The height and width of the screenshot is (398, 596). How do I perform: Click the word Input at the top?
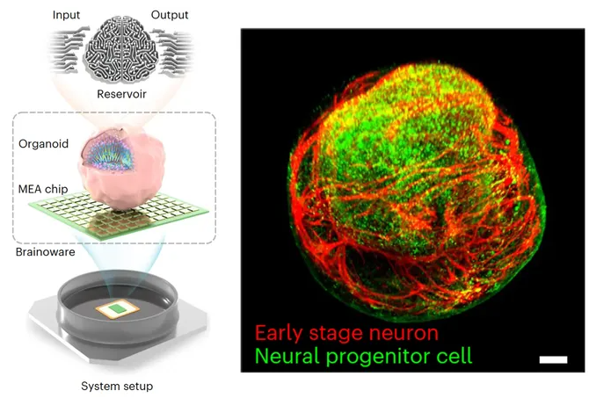(66, 15)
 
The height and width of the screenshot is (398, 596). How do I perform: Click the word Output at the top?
(170, 15)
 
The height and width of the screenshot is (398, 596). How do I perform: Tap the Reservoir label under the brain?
(121, 94)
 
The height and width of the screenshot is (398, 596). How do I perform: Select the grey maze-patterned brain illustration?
(121, 50)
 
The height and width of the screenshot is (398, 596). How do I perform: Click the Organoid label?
(43, 144)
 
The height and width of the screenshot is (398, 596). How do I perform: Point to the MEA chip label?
(43, 189)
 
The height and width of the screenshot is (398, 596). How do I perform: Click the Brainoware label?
(45, 252)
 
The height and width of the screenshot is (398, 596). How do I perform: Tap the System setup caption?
(117, 387)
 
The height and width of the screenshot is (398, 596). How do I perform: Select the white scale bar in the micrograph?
(553, 359)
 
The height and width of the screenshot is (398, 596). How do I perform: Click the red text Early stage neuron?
(346, 333)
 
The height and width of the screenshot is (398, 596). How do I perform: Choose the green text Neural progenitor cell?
(363, 356)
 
